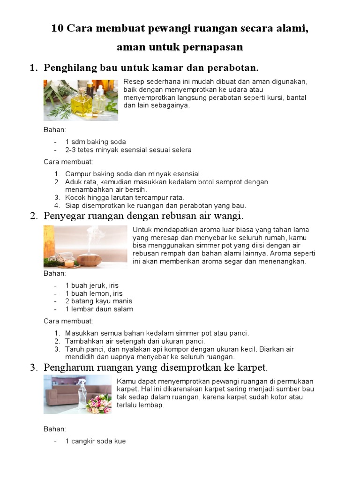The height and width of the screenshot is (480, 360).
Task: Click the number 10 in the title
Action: point(58,29)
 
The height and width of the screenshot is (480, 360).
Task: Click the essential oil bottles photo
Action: point(81,100)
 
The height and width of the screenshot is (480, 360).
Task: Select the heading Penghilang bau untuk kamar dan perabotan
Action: point(151,68)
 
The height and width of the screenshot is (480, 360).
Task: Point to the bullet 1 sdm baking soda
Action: point(96,142)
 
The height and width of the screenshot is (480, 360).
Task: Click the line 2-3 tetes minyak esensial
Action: point(128,150)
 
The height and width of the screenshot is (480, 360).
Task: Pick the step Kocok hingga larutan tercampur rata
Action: point(125,197)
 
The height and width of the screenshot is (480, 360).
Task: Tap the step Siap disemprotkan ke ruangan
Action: point(155,205)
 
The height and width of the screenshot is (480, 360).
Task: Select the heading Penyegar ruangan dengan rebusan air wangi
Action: point(143,216)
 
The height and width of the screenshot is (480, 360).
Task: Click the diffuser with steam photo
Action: point(85,247)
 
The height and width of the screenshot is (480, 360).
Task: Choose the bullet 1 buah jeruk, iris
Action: point(92,285)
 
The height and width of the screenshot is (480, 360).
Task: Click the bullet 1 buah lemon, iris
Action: point(94,293)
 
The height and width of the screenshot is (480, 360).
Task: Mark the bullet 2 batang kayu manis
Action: point(98,301)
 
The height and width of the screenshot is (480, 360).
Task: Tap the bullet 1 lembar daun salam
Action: point(99,309)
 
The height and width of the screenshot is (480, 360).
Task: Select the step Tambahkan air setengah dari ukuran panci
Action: point(135,341)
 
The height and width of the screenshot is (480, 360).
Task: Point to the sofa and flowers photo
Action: point(77,394)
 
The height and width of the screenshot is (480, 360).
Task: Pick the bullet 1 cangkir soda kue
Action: point(95,441)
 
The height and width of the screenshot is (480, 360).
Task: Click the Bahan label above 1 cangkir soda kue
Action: point(55,428)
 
